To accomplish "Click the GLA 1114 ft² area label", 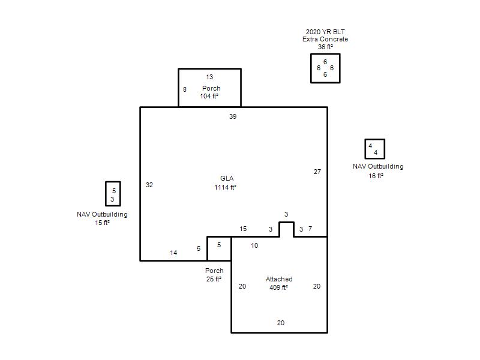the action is point(226,183).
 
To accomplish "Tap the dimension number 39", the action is point(233,116).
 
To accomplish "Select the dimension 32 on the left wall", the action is point(149,185).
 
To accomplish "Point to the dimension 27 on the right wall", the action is point(317,172).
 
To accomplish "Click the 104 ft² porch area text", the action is point(209,96).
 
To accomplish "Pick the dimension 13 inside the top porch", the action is point(209,77).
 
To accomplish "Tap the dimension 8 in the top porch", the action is point(185,89).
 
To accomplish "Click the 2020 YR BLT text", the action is point(325,32).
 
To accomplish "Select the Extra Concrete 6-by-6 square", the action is point(310,68).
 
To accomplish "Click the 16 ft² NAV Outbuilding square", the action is point(365,149).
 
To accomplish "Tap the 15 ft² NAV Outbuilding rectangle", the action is point(106,194).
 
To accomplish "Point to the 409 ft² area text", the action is point(278,287).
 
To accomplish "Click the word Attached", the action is point(279,279).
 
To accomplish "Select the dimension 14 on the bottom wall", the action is point(173,253).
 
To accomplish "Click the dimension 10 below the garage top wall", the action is point(254,245).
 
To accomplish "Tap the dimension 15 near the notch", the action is point(243,229).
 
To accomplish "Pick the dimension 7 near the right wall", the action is point(310,229).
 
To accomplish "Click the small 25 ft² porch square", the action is point(207,248).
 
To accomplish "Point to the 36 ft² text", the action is point(325,47).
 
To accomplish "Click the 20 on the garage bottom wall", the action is point(281,323).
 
